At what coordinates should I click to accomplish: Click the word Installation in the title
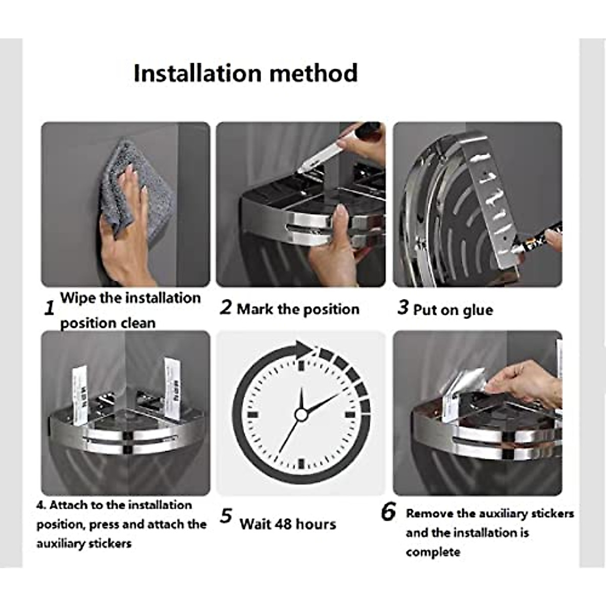click(198, 73)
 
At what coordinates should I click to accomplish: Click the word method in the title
click(314, 73)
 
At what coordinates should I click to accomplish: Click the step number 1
click(49, 308)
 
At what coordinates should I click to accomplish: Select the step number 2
click(226, 307)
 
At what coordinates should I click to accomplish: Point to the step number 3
click(403, 307)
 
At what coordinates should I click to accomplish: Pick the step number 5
click(226, 516)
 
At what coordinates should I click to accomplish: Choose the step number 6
click(388, 512)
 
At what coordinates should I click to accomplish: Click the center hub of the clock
click(301, 415)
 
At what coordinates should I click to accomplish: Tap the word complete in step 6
click(433, 552)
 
